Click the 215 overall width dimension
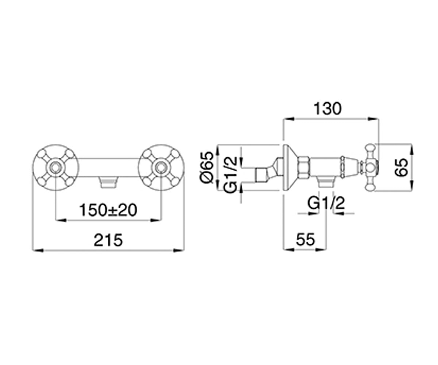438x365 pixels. tap(108, 240)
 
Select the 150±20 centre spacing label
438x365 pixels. tap(108, 210)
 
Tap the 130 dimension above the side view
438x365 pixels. tap(327, 108)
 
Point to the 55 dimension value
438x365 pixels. tap(306, 239)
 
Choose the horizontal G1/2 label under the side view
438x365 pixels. tap(326, 203)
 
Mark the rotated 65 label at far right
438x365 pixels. tap(401, 168)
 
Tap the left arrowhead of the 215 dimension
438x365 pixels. tap(38, 250)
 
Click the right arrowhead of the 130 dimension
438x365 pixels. tap(373, 119)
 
